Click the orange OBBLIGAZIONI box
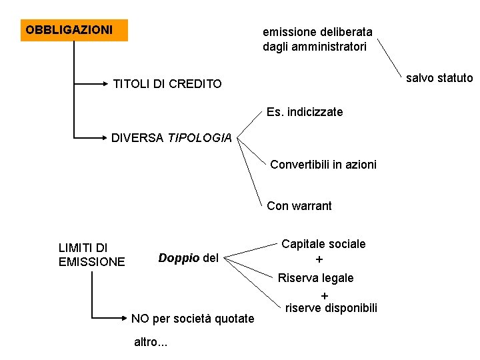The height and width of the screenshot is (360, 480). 73,30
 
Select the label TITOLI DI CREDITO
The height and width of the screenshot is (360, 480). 167,84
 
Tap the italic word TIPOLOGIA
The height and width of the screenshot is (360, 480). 199,139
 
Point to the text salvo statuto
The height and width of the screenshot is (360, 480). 439,78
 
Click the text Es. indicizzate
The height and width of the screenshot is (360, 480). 304,112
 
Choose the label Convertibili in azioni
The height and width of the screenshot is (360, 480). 323,164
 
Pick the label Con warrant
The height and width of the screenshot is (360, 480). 299,206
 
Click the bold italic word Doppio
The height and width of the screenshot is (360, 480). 179,258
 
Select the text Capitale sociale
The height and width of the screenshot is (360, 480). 323,244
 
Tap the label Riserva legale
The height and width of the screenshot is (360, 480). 316,277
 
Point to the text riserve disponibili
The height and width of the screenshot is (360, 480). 331,308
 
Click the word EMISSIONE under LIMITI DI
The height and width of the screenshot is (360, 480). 91,262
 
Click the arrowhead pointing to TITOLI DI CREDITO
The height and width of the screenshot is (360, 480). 105,84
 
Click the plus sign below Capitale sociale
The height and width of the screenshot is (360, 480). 319,260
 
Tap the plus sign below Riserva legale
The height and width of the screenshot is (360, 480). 325,295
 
